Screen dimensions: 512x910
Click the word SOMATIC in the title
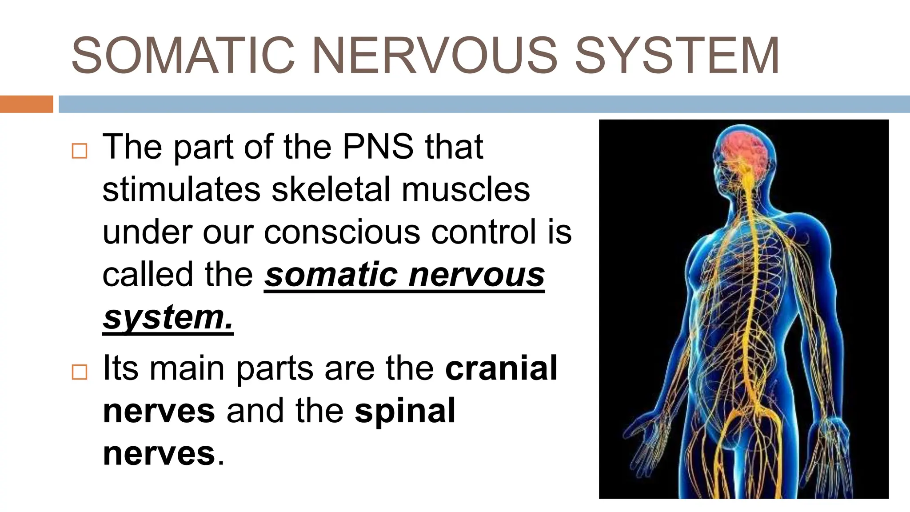(x=183, y=56)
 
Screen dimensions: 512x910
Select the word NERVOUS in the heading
(x=435, y=56)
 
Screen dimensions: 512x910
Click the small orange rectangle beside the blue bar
(x=26, y=104)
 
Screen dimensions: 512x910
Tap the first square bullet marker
(x=80, y=151)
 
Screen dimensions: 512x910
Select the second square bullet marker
(x=80, y=372)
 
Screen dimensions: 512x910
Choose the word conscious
(x=342, y=232)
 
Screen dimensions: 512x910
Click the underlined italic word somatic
(x=331, y=275)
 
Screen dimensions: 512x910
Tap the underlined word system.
(x=168, y=317)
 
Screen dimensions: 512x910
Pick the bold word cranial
(x=501, y=368)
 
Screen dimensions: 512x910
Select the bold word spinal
(x=405, y=411)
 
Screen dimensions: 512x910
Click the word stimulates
(x=181, y=189)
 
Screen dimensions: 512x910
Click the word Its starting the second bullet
(x=120, y=368)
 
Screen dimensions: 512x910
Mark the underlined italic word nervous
(x=476, y=275)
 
